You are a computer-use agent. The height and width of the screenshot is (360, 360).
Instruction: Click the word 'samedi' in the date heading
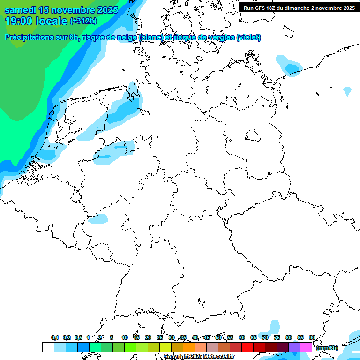20,10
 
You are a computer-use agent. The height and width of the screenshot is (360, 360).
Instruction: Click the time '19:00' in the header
18,21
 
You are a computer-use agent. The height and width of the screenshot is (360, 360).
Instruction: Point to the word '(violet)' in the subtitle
249,37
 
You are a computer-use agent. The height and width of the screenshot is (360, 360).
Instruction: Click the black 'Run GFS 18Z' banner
299,7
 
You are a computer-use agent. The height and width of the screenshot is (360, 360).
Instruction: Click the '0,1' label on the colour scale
55,337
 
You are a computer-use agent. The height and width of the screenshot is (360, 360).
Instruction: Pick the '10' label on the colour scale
125,337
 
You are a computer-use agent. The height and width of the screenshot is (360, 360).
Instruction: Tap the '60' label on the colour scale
242,337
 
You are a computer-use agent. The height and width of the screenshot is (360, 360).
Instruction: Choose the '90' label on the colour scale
312,337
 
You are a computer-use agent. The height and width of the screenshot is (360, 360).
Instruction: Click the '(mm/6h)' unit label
327,348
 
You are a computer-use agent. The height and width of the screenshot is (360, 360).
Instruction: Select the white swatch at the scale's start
48,347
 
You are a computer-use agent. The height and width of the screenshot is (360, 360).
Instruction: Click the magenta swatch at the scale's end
306,347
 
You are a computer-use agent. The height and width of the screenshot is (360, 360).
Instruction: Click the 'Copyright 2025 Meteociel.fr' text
199,357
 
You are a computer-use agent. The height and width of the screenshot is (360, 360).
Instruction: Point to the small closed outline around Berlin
253,136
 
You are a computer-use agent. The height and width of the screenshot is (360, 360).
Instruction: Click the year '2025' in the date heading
108,10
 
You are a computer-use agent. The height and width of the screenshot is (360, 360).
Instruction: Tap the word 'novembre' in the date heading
70,10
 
